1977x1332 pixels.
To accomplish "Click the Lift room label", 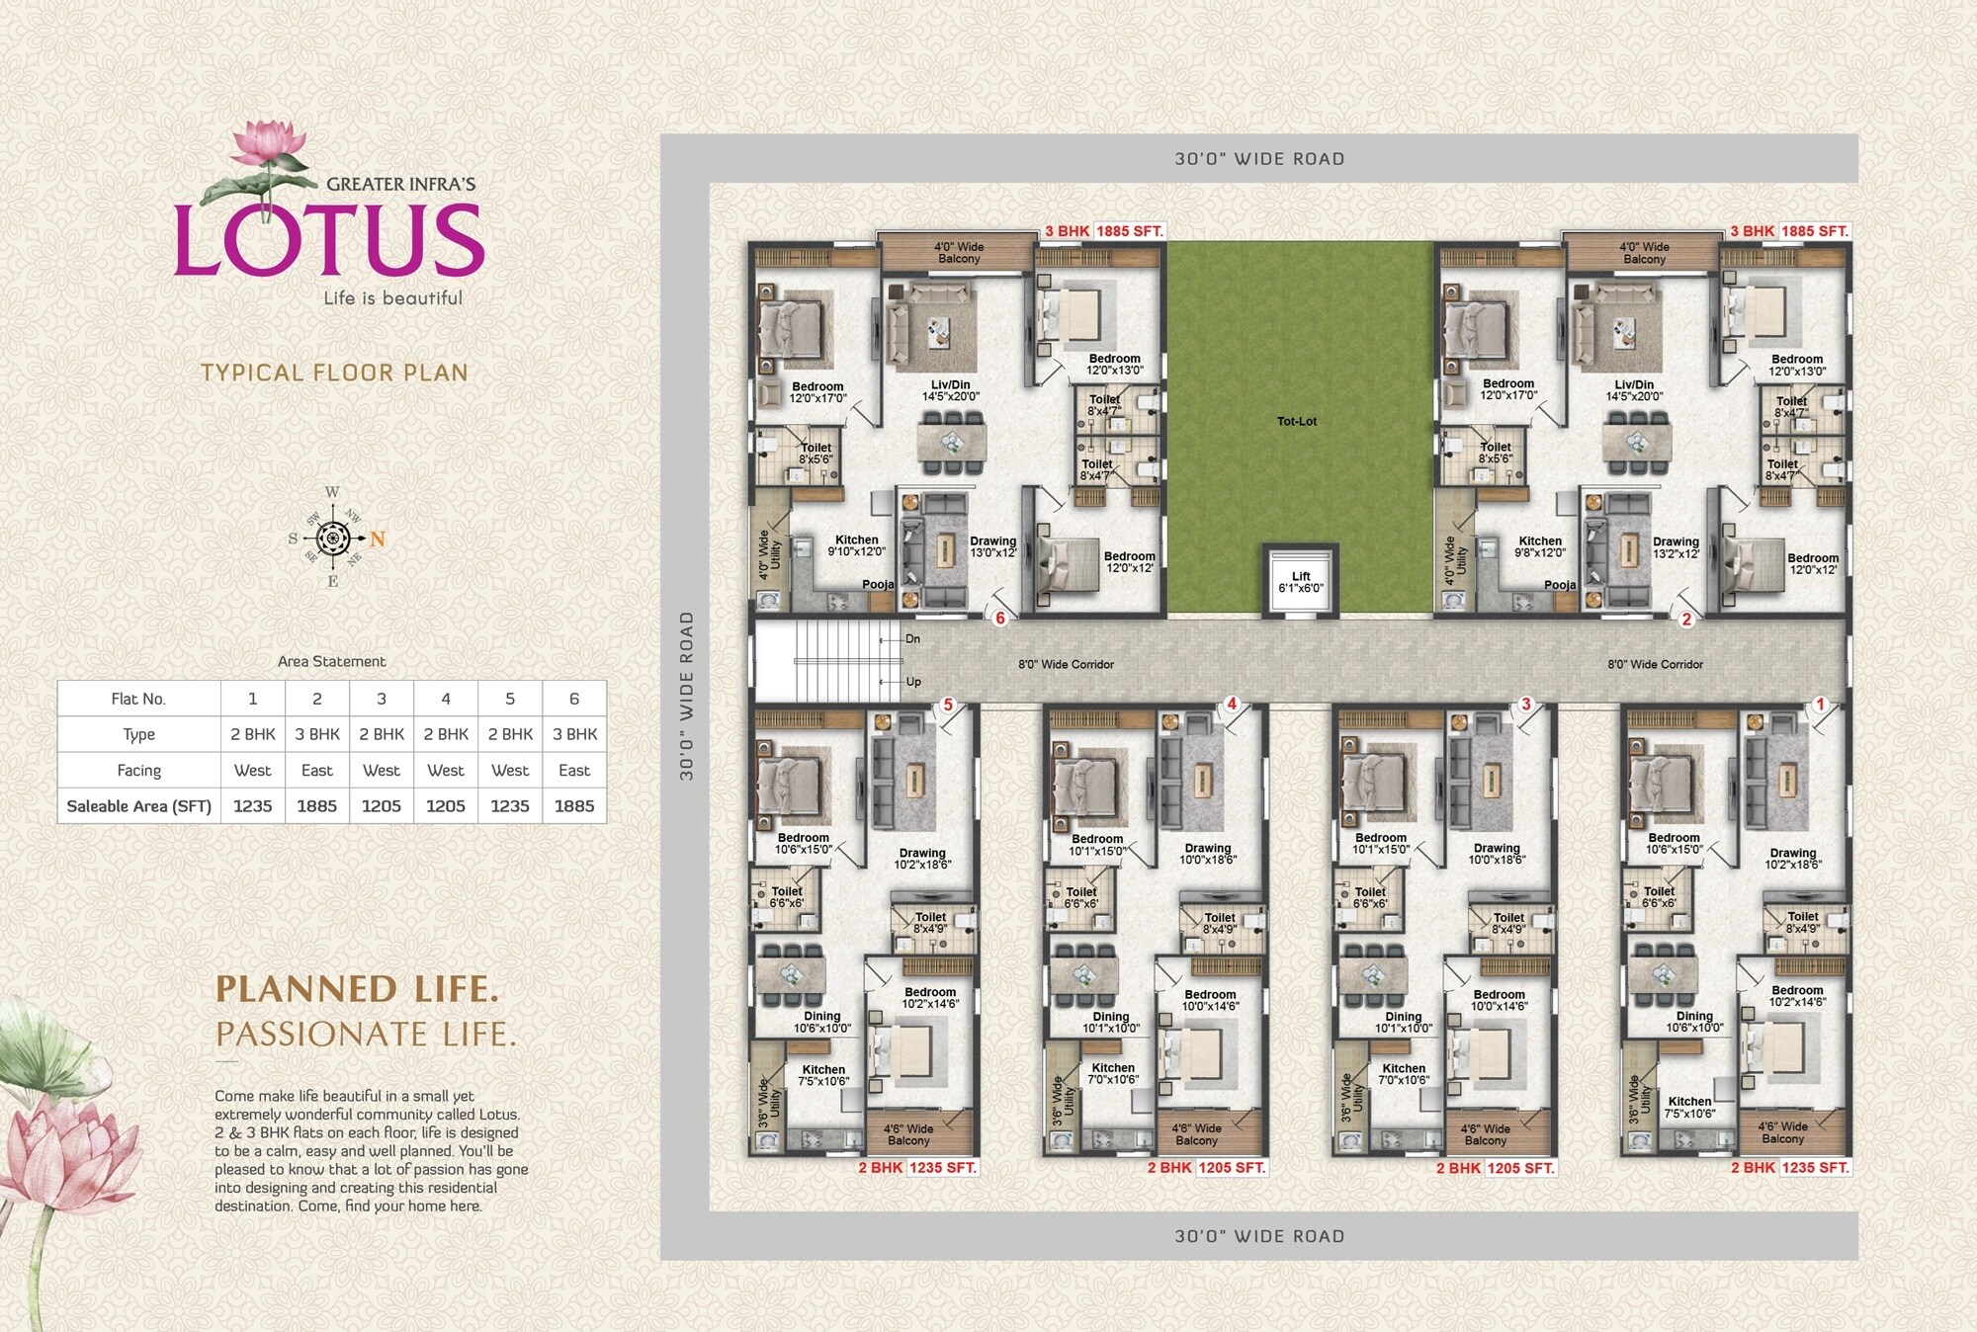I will [1300, 582].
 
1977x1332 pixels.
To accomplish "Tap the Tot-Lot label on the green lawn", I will [1296, 421].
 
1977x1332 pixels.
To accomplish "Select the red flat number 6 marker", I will [1000, 618].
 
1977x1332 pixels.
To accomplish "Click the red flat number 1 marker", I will [1820, 705].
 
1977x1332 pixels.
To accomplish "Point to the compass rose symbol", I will [333, 539].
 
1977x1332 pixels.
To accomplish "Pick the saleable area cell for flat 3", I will [381, 805].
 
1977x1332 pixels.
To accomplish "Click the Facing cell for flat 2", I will [316, 770].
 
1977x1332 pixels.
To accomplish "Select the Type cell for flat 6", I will [574, 734].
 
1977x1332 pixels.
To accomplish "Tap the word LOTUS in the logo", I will [328, 239].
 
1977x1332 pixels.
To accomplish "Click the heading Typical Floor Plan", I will [334, 373].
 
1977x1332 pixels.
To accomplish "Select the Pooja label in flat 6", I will [878, 584].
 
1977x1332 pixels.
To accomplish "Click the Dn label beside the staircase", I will [912, 639].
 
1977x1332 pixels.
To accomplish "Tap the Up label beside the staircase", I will [912, 682].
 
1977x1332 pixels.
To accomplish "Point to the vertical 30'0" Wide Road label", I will [687, 696].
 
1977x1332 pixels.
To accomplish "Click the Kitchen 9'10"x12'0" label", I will [856, 545].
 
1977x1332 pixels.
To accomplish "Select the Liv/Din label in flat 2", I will [1634, 390].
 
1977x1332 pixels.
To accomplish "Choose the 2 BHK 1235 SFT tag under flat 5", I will [917, 1167].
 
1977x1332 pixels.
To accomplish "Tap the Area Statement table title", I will [331, 661].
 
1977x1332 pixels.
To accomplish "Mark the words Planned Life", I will [357, 989].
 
